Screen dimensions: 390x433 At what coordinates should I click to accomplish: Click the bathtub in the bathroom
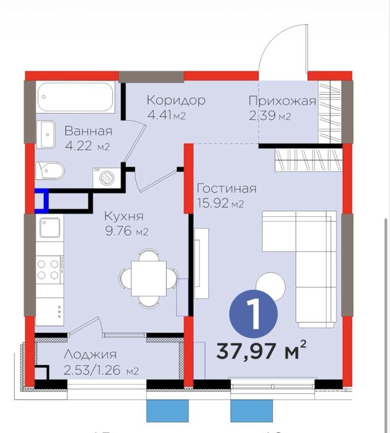tap(76, 97)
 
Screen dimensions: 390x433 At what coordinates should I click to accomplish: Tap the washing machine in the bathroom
tap(107, 178)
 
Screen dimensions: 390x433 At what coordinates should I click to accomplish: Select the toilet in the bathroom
tap(50, 170)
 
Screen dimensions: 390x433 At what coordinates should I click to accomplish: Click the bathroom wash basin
tap(46, 134)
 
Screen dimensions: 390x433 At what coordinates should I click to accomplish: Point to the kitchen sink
tap(50, 228)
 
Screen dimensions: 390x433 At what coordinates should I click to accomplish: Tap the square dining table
tap(149, 278)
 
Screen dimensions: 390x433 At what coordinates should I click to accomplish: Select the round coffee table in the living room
tap(271, 286)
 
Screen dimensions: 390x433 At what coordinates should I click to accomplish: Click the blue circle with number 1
tap(253, 313)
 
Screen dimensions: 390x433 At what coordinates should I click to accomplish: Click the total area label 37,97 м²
tap(261, 351)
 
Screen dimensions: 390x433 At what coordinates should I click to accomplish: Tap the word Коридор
tap(176, 100)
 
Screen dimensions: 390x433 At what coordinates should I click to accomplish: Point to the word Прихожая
tap(282, 101)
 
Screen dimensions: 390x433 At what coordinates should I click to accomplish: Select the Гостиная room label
tap(227, 188)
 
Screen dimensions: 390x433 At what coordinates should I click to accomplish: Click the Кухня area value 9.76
tap(118, 231)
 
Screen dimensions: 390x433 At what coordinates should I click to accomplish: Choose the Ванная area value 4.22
tap(79, 146)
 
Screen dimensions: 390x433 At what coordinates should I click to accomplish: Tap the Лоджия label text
tap(90, 354)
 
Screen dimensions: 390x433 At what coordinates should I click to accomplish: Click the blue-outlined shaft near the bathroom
tap(41, 201)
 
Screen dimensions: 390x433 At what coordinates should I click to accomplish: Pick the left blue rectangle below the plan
tap(168, 411)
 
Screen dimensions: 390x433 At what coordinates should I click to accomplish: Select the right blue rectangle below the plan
tap(251, 411)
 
